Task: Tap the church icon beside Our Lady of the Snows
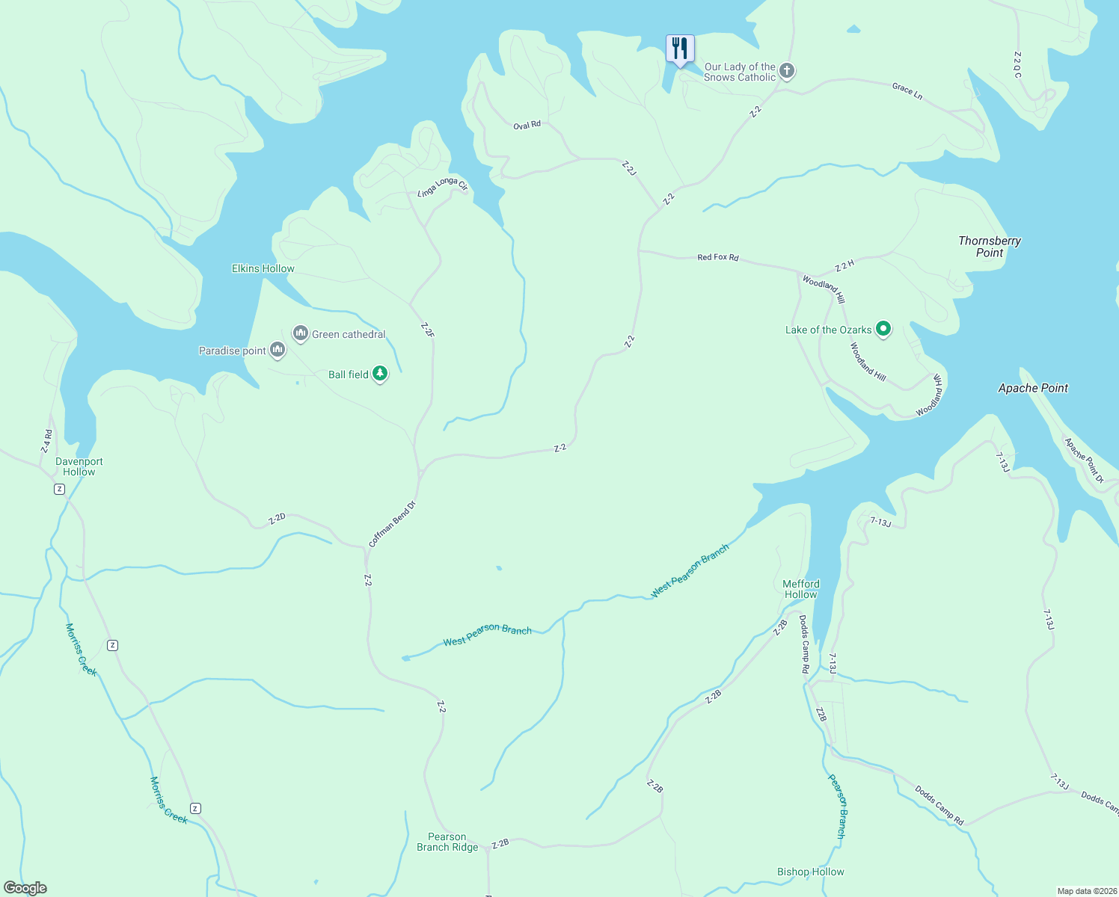tap(786, 71)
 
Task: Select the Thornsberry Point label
tap(989, 247)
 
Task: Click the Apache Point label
tap(1033, 388)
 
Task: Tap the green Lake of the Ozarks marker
tap(883, 329)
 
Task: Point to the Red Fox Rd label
tap(717, 257)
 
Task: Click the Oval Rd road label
tap(527, 126)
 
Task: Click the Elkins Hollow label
tap(263, 268)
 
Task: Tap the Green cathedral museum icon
tap(301, 333)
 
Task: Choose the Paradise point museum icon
tap(278, 350)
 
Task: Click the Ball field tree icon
tap(380, 374)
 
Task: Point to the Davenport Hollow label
tap(79, 466)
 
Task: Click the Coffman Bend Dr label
tap(392, 524)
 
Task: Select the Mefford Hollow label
tap(801, 589)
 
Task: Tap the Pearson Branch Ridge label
tap(447, 842)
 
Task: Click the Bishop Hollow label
tap(810, 872)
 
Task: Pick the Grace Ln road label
tap(907, 91)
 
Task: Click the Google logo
tap(25, 888)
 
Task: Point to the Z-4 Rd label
tap(47, 440)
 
